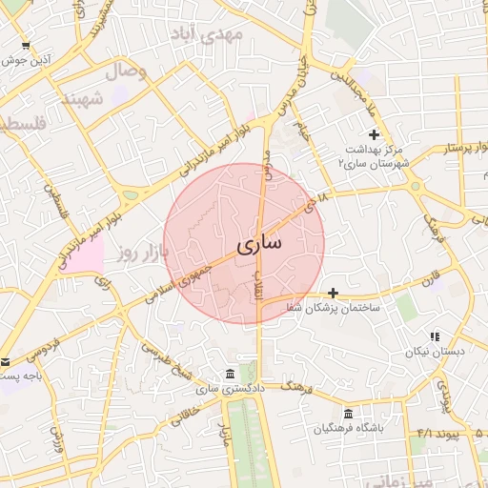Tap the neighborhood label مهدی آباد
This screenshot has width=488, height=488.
pos(207,34)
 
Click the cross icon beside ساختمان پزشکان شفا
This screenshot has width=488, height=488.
pos(333,293)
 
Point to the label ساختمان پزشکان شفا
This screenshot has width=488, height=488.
pos(339,308)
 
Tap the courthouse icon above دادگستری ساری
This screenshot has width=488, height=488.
pos(230,374)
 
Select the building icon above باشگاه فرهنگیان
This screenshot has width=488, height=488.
pos(349,415)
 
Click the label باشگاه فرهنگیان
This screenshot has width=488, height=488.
pos(351,430)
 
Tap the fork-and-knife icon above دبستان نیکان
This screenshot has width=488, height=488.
pos(436,337)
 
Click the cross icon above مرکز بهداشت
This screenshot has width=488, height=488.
pos(374,135)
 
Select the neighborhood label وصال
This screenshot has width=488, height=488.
pos(125,71)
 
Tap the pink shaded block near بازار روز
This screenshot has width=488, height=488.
pos(84,254)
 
